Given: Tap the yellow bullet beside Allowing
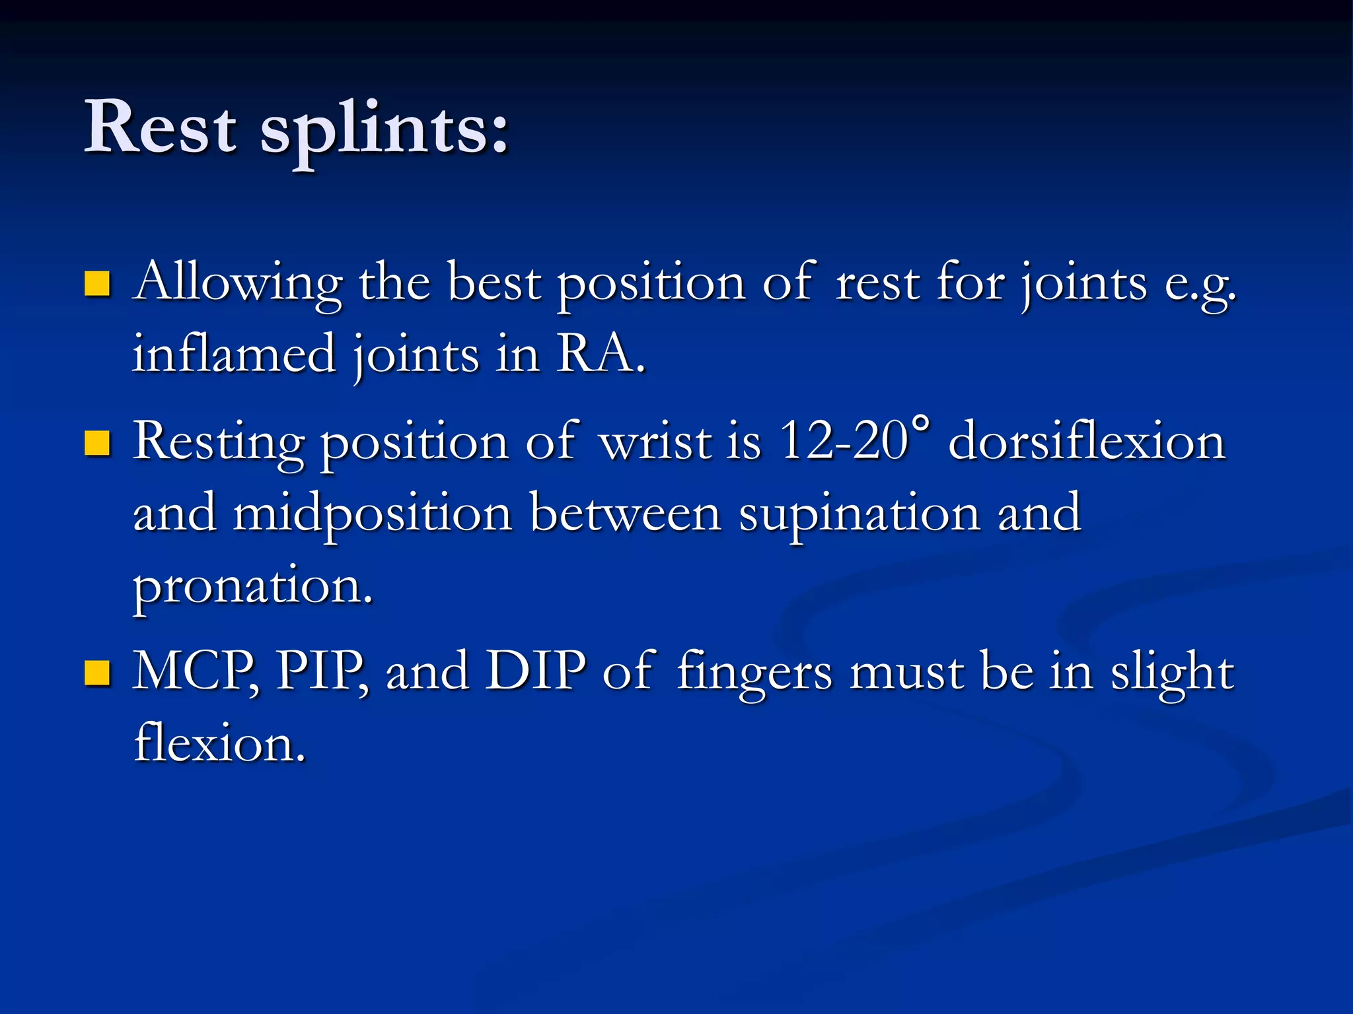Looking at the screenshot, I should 97,284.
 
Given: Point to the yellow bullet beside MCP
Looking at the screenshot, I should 97,673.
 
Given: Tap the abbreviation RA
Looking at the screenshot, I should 600,354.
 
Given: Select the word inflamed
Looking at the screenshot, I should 235,354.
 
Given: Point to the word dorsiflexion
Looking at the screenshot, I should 1087,442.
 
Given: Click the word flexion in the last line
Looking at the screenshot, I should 220,743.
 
